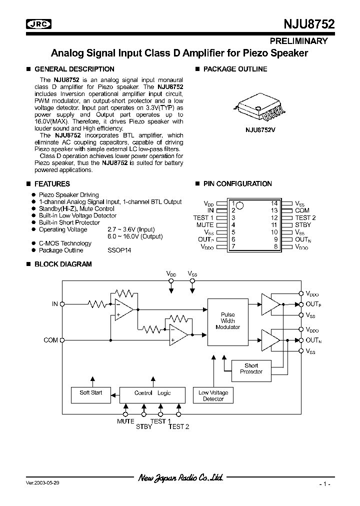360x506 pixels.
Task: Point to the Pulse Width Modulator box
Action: coord(227,321)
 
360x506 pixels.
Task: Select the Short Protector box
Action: coord(251,369)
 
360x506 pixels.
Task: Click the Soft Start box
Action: coord(90,393)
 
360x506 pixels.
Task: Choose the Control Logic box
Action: coord(152,393)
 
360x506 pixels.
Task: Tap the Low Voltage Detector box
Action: coord(213,396)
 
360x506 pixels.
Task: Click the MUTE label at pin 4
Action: coord(205,225)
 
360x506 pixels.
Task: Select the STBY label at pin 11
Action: coord(303,225)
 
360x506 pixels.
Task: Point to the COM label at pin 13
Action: coord(302,210)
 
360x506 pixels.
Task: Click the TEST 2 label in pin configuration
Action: coord(305,218)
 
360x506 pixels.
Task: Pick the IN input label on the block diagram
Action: coord(55,303)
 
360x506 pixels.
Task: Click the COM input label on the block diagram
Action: coord(51,340)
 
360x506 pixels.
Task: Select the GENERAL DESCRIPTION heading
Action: coord(74,69)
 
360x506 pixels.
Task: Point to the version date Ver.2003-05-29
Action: coord(43,483)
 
